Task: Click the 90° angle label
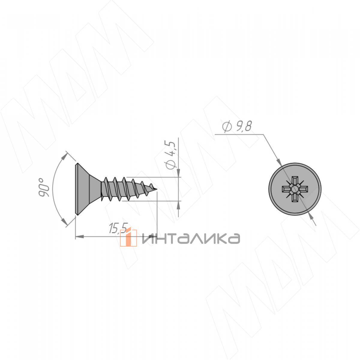[43, 187]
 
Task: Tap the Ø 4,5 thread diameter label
[170, 155]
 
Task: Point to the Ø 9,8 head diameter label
[237, 127]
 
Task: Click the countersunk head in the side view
[88, 189]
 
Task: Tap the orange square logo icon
[128, 238]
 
